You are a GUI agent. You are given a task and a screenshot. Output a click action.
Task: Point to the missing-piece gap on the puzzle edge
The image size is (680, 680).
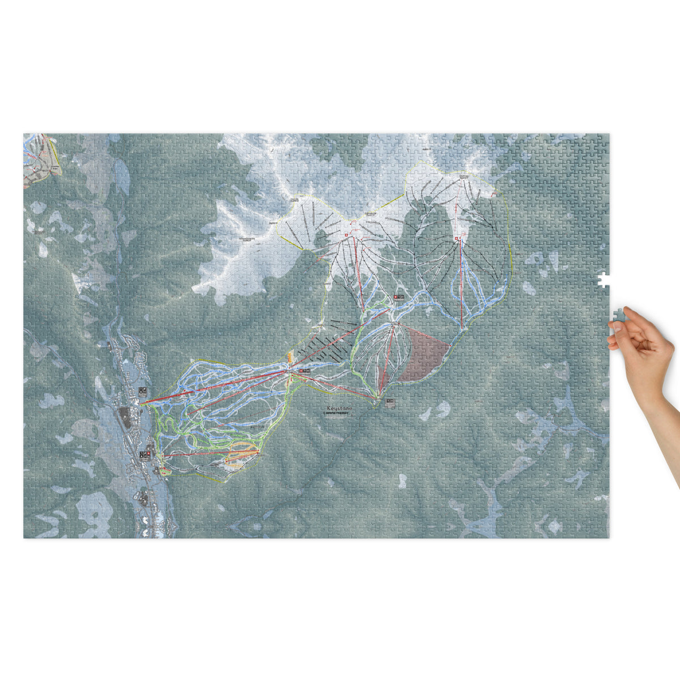tap(604, 279)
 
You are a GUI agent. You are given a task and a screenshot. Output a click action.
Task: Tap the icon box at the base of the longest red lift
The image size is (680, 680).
tap(143, 392)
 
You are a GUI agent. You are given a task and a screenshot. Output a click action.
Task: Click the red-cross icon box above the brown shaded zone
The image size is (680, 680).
tap(399, 297)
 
